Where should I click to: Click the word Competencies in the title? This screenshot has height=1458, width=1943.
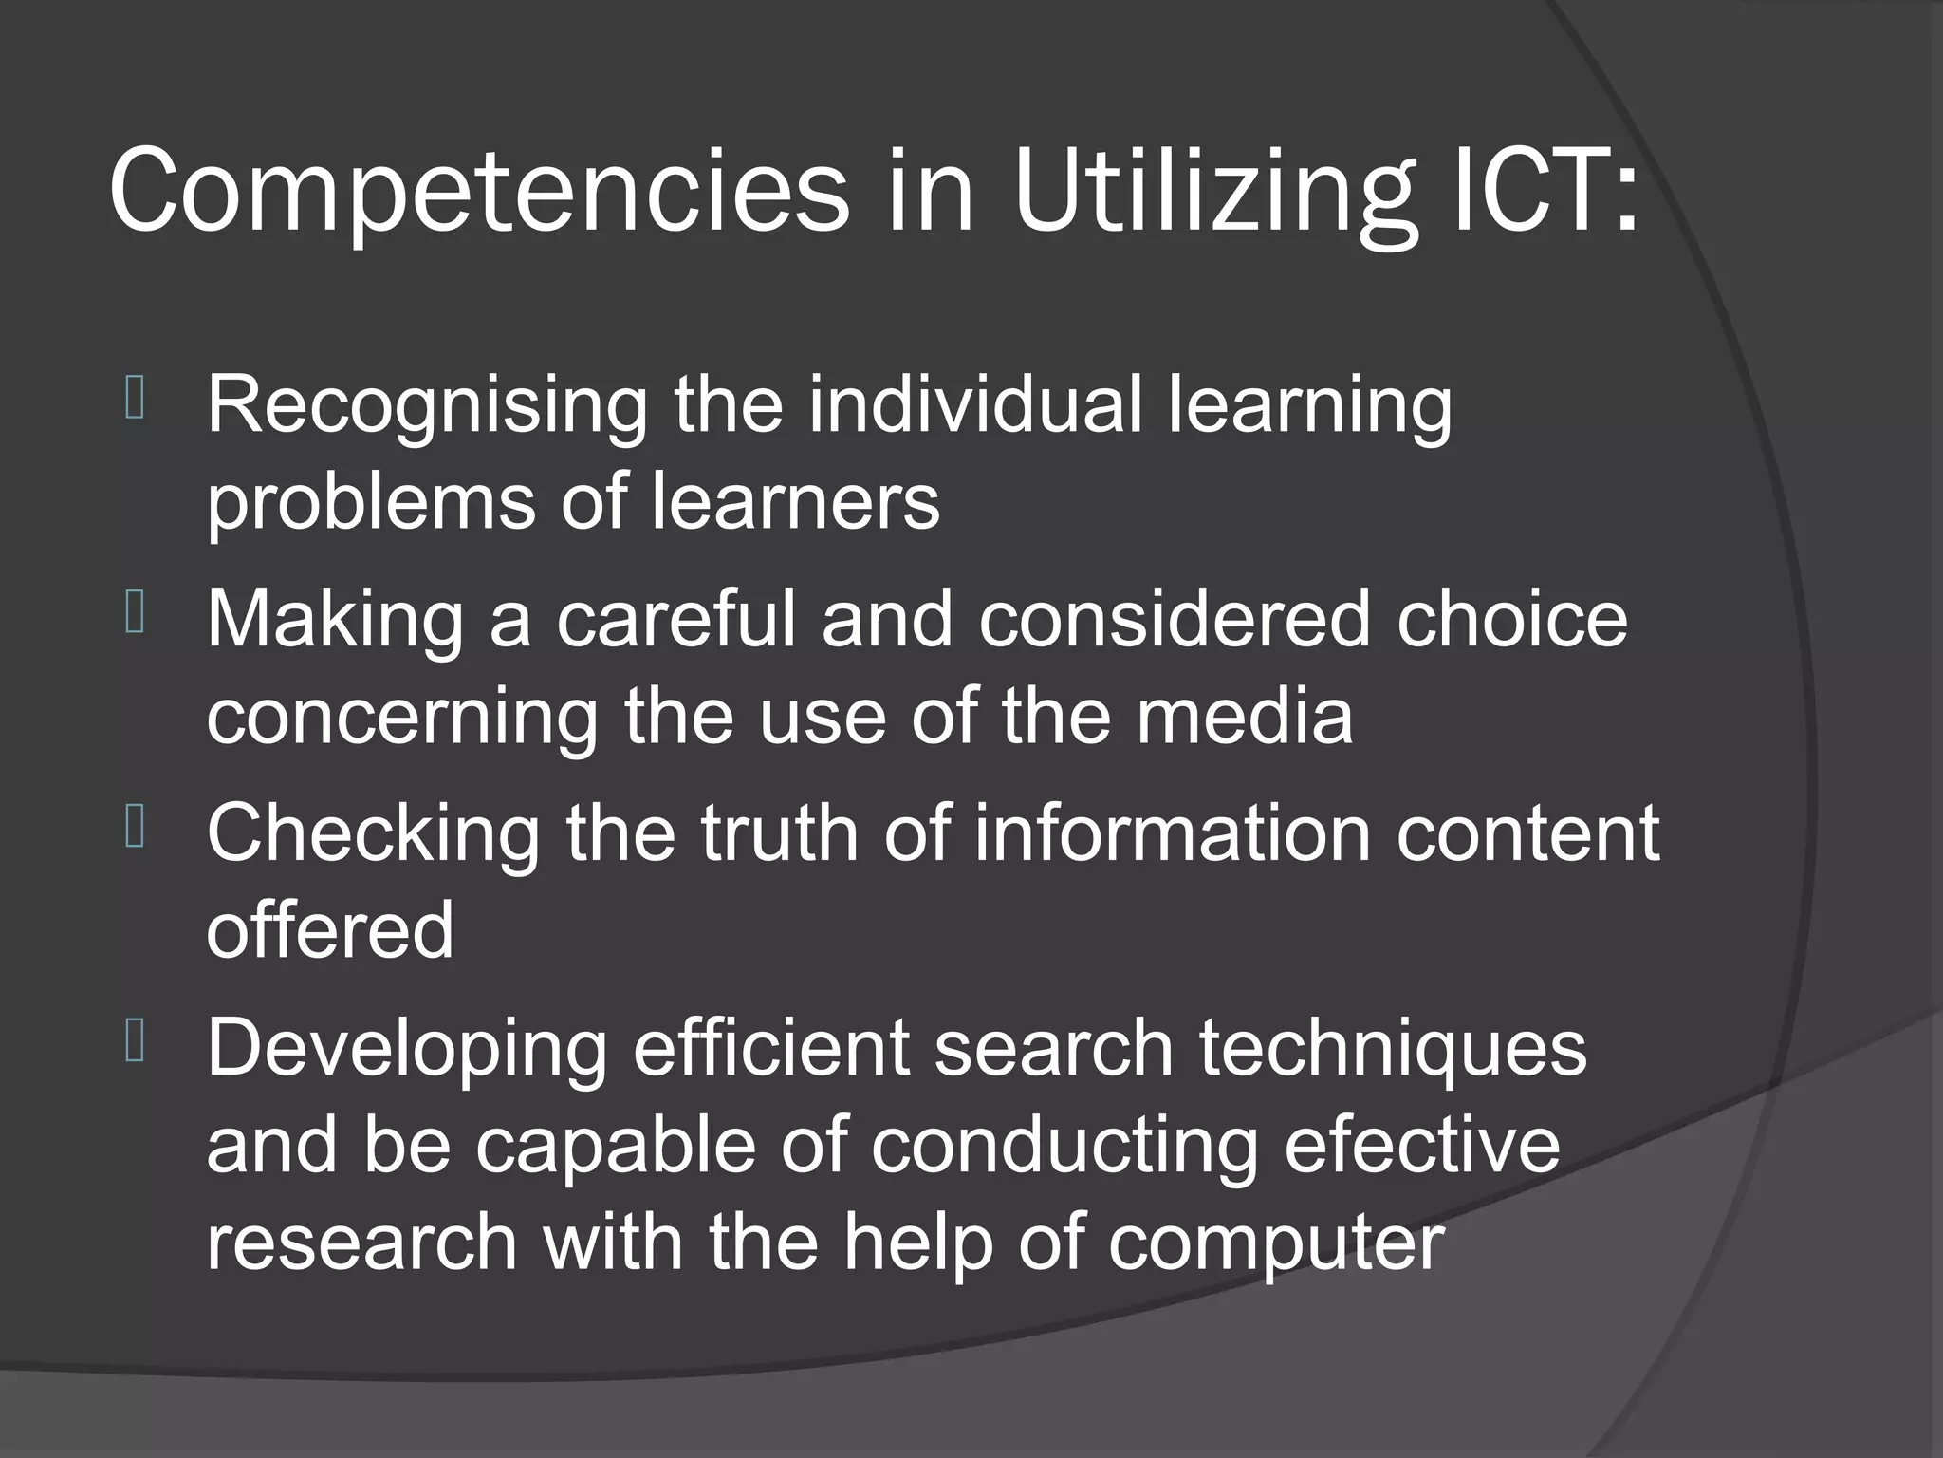click(479, 192)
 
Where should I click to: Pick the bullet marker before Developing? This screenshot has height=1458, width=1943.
click(134, 1041)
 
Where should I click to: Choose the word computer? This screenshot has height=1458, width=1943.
click(1275, 1243)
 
